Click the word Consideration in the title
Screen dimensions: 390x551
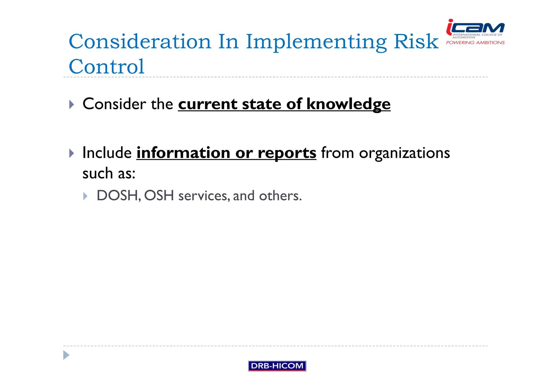[x=140, y=42]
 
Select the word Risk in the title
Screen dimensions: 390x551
[x=416, y=42]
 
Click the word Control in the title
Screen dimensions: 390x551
[x=107, y=67]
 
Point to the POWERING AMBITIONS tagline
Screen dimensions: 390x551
[x=475, y=43]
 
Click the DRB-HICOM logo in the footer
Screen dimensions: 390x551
[x=277, y=366]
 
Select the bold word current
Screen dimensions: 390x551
[x=207, y=104]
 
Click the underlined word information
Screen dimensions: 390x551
[x=183, y=153]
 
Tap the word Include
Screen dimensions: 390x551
[x=107, y=153]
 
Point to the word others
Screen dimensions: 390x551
[x=280, y=196]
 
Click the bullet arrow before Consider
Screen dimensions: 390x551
[x=71, y=105]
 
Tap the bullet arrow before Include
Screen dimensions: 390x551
[x=71, y=153]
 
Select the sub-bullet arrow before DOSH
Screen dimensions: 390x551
[x=85, y=196]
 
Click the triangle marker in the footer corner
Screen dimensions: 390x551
[x=66, y=355]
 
